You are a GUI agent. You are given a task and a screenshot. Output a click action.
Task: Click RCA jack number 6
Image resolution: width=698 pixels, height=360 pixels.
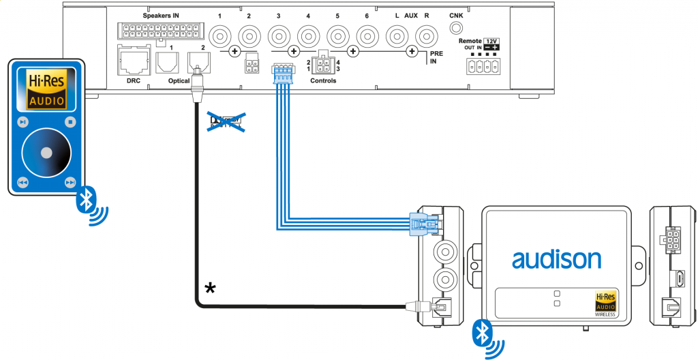[368, 33]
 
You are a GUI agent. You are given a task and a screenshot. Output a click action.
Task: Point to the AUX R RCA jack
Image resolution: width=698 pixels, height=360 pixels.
[427, 33]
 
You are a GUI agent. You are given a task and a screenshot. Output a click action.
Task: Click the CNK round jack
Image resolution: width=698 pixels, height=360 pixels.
[455, 29]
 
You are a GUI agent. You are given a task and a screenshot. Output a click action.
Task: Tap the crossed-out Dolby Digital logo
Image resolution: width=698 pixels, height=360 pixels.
[225, 122]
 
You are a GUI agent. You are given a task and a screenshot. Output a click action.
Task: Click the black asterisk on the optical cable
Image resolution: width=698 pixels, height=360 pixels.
[210, 288]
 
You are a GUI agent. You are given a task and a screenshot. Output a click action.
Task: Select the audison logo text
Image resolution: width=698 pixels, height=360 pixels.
[556, 259]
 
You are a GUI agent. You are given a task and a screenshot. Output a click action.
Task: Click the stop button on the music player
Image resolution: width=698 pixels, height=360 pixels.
[70, 123]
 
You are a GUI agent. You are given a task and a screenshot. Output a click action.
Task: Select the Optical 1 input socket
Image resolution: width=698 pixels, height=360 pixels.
[167, 63]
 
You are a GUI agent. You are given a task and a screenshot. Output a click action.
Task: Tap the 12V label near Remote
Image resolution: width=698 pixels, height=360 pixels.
[491, 42]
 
